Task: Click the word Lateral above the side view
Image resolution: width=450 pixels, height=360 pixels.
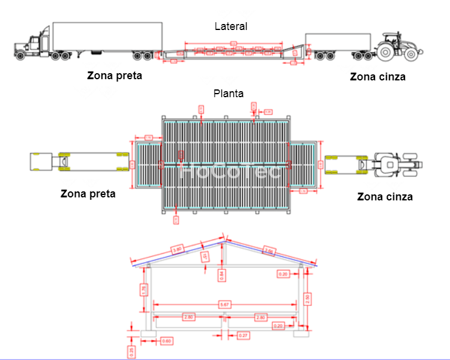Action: point(231,26)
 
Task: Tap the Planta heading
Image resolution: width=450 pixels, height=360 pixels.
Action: point(229,94)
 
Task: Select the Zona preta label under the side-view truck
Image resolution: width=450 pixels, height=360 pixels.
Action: point(115,76)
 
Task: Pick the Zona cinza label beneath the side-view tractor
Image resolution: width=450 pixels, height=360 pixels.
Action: point(377,77)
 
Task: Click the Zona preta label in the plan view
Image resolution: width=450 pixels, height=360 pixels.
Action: point(88,194)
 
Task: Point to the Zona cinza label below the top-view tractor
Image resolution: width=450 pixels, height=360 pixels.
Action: point(385,197)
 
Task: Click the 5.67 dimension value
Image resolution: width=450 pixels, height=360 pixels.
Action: point(225,305)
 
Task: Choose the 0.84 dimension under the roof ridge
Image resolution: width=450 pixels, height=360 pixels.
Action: point(222,275)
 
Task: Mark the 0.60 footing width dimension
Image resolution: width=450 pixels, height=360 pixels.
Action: point(167,341)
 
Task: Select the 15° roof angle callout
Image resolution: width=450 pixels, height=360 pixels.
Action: point(205,257)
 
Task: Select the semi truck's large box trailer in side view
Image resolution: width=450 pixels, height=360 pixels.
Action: point(107,36)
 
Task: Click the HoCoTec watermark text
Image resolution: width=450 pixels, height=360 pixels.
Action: point(232,172)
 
